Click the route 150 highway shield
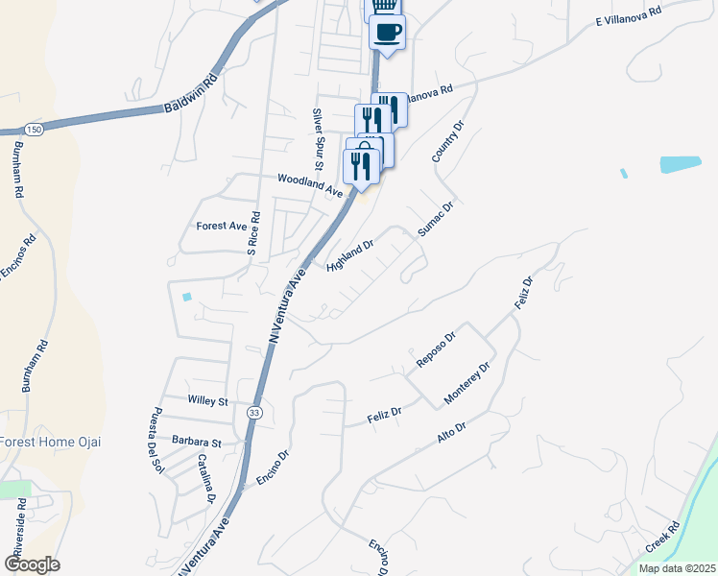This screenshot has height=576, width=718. pos(35,130)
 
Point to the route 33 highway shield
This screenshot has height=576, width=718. pos(251,412)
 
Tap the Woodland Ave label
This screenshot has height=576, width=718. pos(309,185)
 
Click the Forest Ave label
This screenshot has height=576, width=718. pos(222,227)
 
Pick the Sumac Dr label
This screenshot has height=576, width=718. pos(434,219)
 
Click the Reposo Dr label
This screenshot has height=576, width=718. pos(436,348)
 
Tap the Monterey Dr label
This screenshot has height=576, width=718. pos(467,383)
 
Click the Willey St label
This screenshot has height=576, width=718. pos(207,401)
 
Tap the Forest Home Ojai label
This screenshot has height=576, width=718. pos(50,442)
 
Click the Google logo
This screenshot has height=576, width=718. pos(32,564)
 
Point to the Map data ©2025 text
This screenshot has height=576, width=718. pos(677,568)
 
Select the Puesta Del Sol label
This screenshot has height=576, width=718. pos(155,441)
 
